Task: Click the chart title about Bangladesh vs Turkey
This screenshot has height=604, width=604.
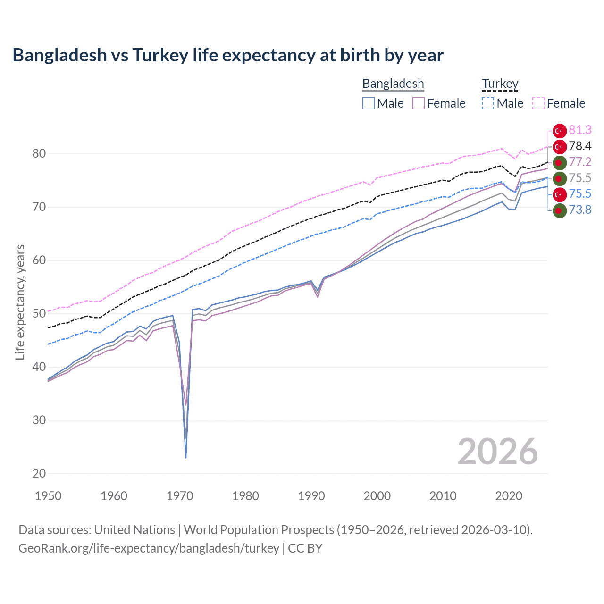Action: pyautogui.click(x=228, y=55)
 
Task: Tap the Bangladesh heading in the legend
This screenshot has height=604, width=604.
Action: pyautogui.click(x=393, y=84)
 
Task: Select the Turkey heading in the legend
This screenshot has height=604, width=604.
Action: pyautogui.click(x=500, y=84)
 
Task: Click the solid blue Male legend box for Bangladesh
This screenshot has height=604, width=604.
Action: pyautogui.click(x=369, y=103)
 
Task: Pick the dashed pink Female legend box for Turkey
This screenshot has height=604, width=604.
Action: pyautogui.click(x=538, y=103)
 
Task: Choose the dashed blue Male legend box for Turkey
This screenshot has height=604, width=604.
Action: pyautogui.click(x=488, y=103)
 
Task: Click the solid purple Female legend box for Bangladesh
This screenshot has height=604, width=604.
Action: pyautogui.click(x=419, y=103)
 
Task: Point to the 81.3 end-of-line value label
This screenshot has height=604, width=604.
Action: pyautogui.click(x=580, y=130)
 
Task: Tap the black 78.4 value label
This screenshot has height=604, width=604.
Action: pyautogui.click(x=580, y=146)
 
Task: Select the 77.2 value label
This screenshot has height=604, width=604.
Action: pyautogui.click(x=580, y=162)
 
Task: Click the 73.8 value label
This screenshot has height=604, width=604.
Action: pyautogui.click(x=580, y=210)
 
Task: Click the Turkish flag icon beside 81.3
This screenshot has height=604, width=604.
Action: pyautogui.click(x=559, y=131)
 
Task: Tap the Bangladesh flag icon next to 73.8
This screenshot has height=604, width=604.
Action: pyautogui.click(x=559, y=210)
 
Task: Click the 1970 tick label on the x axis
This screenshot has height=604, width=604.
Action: pyautogui.click(x=180, y=496)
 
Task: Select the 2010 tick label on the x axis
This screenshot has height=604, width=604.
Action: pyautogui.click(x=443, y=496)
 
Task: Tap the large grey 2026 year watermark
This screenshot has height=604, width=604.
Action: pyautogui.click(x=497, y=452)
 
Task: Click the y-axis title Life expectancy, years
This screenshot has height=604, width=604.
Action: pyautogui.click(x=20, y=302)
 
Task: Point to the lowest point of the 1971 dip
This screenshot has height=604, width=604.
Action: pyautogui.click(x=186, y=457)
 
